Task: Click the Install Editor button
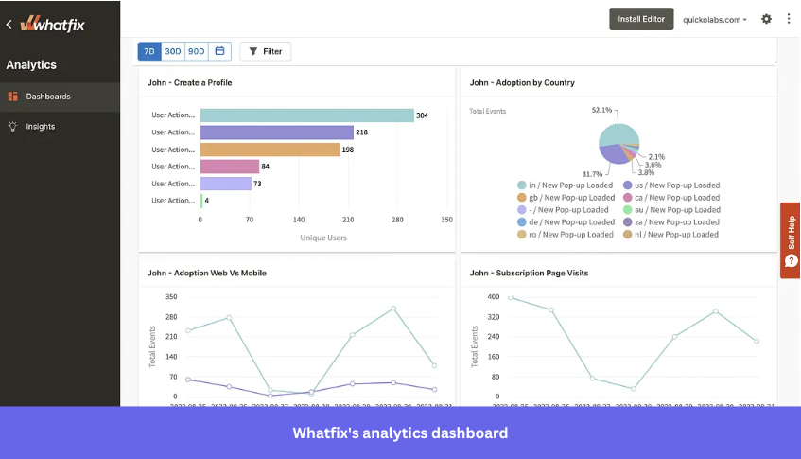tap(641, 19)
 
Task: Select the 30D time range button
tap(173, 51)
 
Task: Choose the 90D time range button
tap(197, 51)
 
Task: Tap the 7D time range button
tap(149, 51)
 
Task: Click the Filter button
tap(266, 51)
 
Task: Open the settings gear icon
tap(766, 19)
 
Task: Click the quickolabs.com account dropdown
tap(715, 19)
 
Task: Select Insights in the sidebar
tap(40, 126)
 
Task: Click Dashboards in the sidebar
tap(47, 97)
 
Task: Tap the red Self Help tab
tap(791, 240)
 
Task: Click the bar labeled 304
tap(307, 115)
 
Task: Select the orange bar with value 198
tap(270, 150)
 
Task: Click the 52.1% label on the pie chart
tap(601, 110)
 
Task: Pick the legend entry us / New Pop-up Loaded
tap(676, 185)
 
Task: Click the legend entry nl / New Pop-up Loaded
tap(676, 234)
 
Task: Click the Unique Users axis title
tap(323, 238)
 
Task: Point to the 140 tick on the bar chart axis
tap(299, 219)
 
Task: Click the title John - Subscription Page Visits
tap(529, 273)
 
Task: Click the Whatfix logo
tap(53, 24)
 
